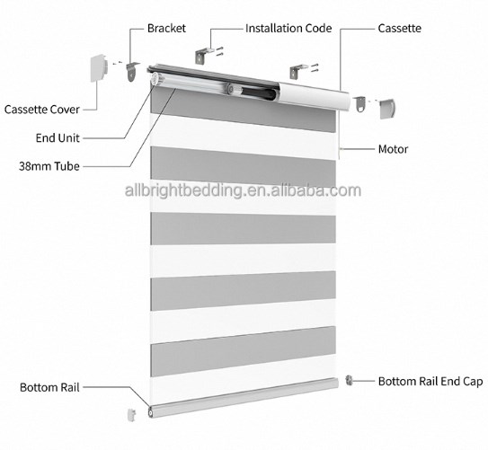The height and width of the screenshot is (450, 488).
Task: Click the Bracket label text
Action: pos(168,28)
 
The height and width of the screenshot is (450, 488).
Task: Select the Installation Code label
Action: pos(288,28)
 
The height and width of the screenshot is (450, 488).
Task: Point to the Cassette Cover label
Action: pos(41,110)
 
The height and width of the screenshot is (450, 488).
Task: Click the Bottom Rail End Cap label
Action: pos(429,381)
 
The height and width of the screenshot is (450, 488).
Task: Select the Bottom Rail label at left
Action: pos(49,388)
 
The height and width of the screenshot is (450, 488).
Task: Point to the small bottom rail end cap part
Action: pos(350,381)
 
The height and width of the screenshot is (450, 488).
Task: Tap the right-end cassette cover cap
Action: pos(386,110)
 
